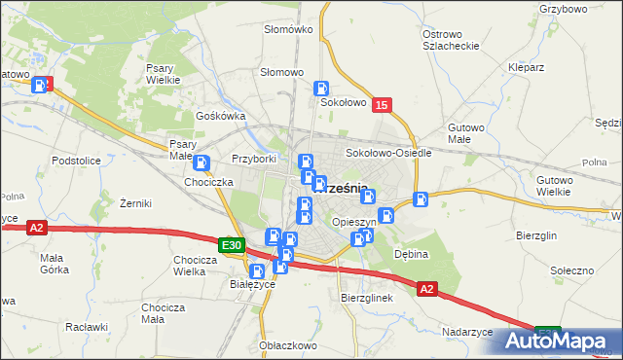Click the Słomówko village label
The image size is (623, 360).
click(x=288, y=29)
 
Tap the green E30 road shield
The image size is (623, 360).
click(x=231, y=246)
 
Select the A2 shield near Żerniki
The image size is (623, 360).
click(x=37, y=228)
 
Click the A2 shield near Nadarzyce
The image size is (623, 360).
click(x=426, y=288)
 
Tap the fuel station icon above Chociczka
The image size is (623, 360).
click(x=202, y=163)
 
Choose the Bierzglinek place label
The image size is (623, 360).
click(x=366, y=298)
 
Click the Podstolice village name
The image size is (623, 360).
click(x=77, y=160)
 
